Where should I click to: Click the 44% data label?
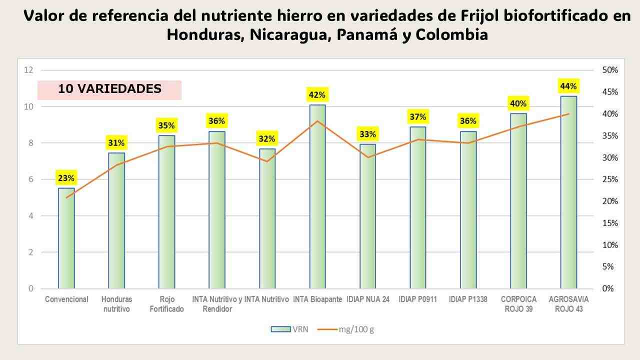click(x=568, y=86)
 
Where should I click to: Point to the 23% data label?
click(x=66, y=178)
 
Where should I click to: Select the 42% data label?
click(x=317, y=94)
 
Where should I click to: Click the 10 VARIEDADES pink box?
click(x=109, y=89)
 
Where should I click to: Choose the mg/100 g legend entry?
click(x=348, y=329)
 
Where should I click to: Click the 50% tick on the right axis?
click(x=609, y=70)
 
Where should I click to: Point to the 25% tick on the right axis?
click(x=609, y=179)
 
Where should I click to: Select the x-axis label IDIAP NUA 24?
click(x=367, y=299)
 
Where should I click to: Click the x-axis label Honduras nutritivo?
click(x=116, y=304)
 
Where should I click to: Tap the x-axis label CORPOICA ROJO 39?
click(x=518, y=304)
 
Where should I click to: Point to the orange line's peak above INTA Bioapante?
click(x=317, y=121)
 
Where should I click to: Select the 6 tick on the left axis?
click(x=30, y=179)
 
